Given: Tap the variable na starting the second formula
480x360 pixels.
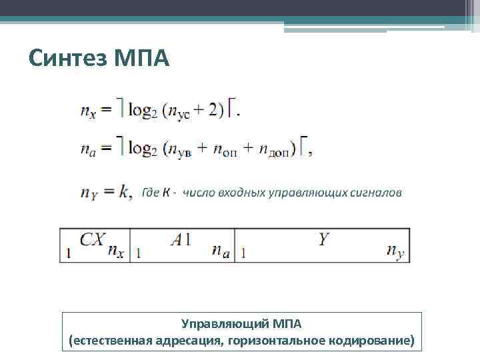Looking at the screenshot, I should point(88,151).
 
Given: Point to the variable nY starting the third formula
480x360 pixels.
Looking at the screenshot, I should point(89,193).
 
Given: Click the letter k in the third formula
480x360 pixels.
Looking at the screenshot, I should point(125,192).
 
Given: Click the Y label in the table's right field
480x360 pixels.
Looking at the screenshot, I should point(323,239).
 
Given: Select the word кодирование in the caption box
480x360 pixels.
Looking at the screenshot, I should point(371,341).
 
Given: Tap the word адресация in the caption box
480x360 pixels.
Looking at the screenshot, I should point(191,341).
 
